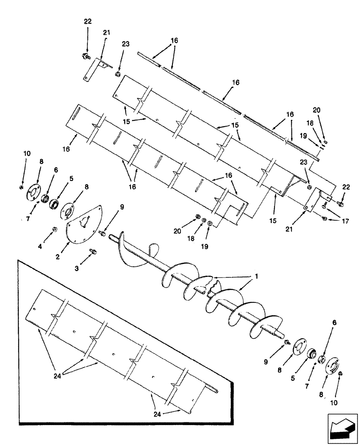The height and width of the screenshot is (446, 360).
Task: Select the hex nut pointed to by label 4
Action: (53, 230)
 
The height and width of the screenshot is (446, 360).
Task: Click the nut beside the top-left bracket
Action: (119, 74)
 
